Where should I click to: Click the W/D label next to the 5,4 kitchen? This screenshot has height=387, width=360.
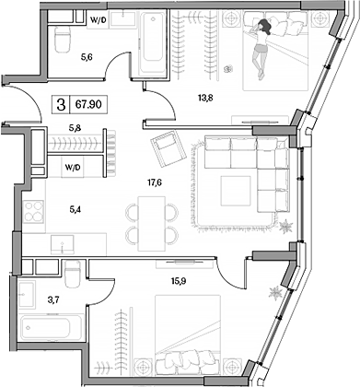coord(71,168)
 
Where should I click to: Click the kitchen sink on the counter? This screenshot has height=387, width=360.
coord(60,246)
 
